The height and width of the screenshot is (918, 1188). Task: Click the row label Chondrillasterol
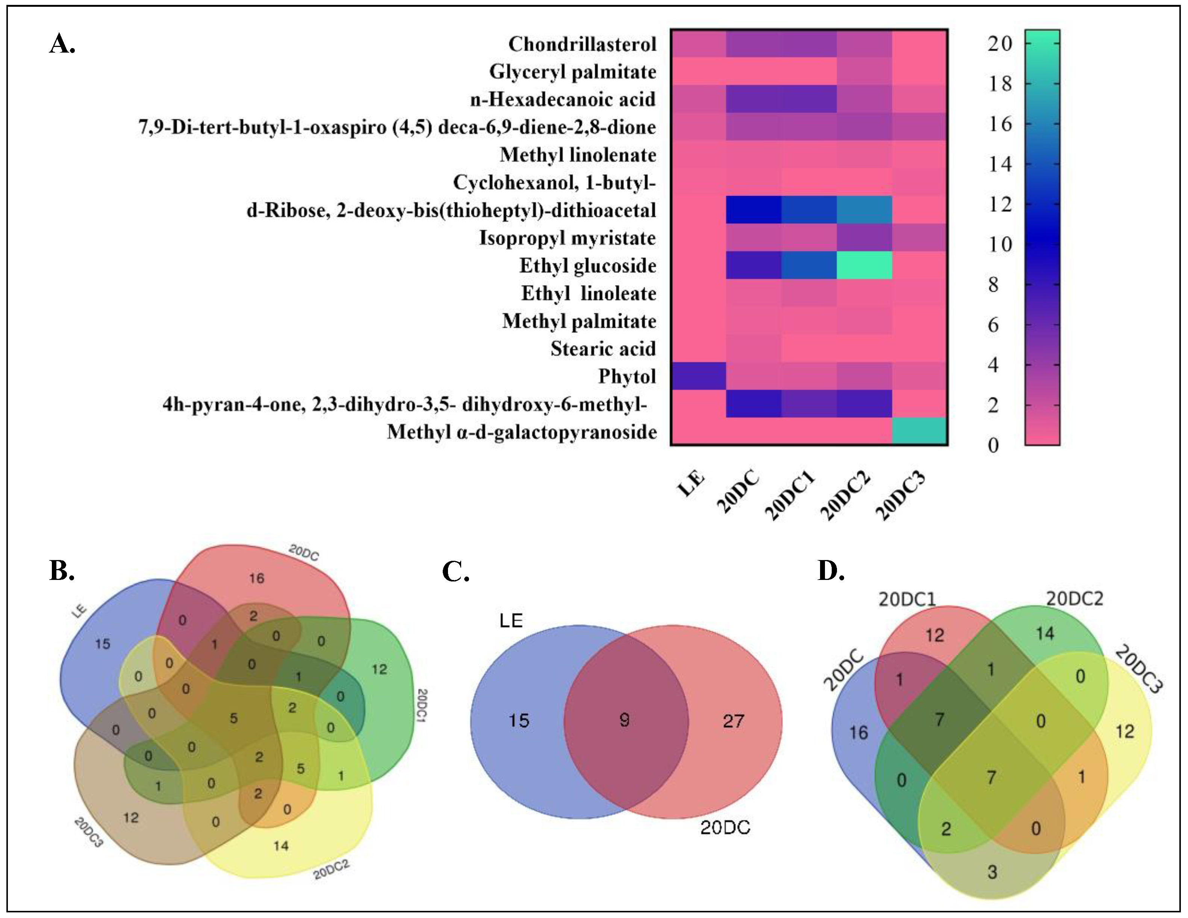pos(582,44)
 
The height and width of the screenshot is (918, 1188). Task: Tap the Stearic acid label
pos(603,349)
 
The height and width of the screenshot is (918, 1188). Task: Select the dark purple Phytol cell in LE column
pos(698,376)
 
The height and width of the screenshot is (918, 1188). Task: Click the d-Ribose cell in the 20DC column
pos(754,210)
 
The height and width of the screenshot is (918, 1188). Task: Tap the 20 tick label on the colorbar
pos(1000,44)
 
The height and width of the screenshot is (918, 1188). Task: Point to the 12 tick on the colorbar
pos(1000,204)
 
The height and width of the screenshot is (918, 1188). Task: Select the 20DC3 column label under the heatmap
pos(900,496)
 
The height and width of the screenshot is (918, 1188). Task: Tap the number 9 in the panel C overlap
pos(625,720)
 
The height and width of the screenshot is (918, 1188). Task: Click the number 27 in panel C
pos(733,721)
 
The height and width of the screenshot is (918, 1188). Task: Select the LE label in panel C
pos(511,621)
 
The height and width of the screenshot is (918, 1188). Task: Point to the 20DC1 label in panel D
pos(907,599)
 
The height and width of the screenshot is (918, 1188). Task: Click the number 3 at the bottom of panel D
pos(992,872)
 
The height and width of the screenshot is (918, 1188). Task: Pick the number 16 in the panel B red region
pos(257,578)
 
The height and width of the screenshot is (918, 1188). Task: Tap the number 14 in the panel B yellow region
pos(281,846)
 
